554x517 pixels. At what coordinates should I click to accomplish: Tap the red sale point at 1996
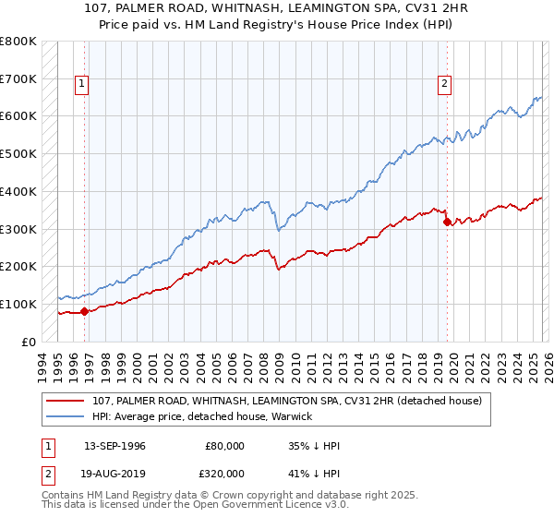[x=84, y=311]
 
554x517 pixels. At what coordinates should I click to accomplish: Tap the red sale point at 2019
[x=447, y=222]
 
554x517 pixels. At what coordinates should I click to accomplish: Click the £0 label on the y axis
[x=29, y=342]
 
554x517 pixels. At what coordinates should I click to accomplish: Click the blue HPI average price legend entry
[x=202, y=416]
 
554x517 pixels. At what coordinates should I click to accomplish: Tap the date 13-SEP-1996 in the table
[x=114, y=446]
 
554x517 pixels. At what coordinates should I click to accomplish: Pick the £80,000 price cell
[x=225, y=446]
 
